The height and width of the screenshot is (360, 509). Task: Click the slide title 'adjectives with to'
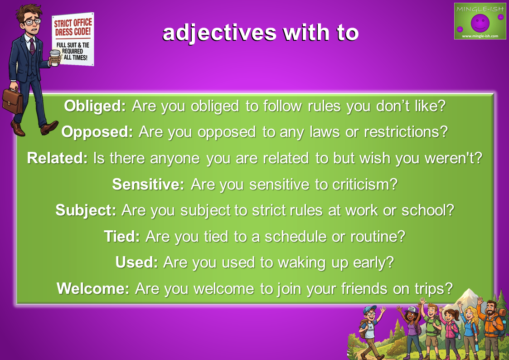[260, 33]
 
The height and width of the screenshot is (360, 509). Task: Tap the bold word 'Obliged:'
[95, 106]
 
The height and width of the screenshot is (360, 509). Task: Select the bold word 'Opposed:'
[97, 132]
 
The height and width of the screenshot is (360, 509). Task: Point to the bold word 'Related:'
[57, 158]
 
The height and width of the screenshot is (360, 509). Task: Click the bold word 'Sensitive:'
[148, 184]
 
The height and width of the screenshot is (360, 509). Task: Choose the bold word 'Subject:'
[86, 210]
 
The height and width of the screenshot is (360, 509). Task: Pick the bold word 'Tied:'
[122, 236]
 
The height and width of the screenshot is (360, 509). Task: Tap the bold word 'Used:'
[137, 262]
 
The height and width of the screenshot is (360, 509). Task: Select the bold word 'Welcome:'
[93, 288]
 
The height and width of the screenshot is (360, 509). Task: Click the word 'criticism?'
[365, 184]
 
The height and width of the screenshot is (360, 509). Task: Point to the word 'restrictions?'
[406, 132]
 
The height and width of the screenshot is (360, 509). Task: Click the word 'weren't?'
[454, 158]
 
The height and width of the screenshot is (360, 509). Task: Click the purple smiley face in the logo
[480, 22]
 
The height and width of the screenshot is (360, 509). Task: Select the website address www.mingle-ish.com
[480, 36]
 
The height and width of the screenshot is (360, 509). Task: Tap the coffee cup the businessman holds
[54, 58]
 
